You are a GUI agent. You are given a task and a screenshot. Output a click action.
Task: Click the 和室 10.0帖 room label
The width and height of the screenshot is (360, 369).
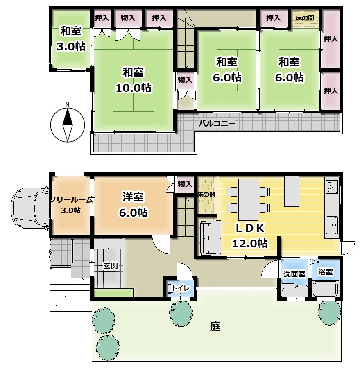click(x=134, y=80)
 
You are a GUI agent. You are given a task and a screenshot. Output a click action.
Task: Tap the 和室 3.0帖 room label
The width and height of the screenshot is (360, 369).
click(x=71, y=38)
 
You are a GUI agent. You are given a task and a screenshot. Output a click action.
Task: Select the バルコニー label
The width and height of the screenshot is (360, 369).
click(x=217, y=123)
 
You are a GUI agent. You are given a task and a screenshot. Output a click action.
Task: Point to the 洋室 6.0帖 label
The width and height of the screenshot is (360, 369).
click(x=134, y=204)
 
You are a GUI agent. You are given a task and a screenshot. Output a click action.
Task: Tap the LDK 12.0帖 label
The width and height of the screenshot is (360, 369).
click(x=250, y=235)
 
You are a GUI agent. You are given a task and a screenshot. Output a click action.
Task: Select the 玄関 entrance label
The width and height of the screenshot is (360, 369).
click(x=110, y=266)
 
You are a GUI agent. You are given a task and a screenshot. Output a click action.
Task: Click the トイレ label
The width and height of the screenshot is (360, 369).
click(x=181, y=288)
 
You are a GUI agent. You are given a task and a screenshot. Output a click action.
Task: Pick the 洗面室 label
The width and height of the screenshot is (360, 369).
click(x=294, y=274)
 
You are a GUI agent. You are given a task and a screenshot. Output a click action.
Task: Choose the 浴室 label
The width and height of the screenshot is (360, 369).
click(x=326, y=272)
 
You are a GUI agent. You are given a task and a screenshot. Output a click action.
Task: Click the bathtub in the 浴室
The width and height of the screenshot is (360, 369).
click(x=326, y=289)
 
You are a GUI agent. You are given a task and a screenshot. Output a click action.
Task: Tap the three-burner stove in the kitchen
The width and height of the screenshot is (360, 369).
click(x=332, y=186)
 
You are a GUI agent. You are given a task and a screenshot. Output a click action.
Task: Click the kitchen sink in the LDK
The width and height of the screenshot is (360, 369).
click(x=332, y=225)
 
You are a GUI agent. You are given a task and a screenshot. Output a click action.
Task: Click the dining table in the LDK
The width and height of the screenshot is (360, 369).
click(x=248, y=199)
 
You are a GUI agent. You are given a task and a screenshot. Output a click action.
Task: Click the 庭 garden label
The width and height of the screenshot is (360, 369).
click(x=215, y=326)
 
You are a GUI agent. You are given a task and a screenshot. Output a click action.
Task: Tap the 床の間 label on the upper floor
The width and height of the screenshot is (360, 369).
click(x=305, y=18)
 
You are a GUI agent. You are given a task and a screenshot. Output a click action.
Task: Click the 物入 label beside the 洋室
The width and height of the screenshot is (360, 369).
click(x=185, y=184)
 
